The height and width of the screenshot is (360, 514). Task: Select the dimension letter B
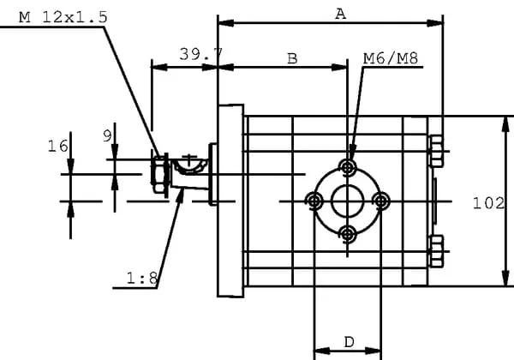click(x=291, y=58)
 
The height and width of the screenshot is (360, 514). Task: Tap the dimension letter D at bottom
click(x=350, y=341)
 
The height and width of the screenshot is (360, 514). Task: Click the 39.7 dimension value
click(x=200, y=54)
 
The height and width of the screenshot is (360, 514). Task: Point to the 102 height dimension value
click(x=487, y=203)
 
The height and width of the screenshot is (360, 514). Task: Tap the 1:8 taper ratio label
click(x=141, y=278)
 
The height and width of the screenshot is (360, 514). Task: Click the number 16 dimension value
click(x=57, y=147)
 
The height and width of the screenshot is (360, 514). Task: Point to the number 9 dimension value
click(x=107, y=135)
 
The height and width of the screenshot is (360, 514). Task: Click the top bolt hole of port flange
click(x=348, y=166)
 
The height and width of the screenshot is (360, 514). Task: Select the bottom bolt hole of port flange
click(x=348, y=233)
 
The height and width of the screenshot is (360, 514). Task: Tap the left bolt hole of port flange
click(x=314, y=201)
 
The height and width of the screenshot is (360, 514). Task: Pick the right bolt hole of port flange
click(x=381, y=201)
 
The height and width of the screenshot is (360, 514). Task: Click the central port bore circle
click(x=348, y=201)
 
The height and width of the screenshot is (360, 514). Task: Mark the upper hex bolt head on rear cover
click(x=436, y=153)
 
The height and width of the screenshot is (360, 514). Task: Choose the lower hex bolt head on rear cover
click(x=436, y=249)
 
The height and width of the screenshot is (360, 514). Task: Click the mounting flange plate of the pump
click(x=230, y=201)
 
